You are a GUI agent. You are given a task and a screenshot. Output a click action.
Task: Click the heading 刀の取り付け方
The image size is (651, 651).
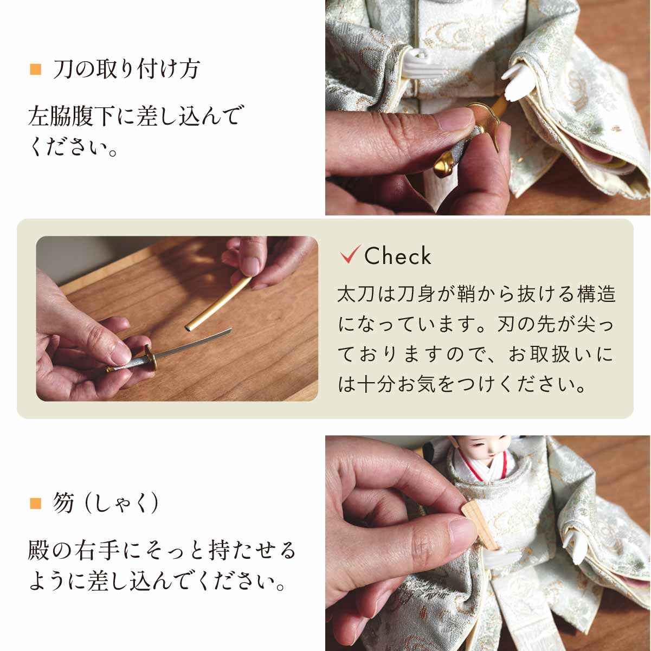127,69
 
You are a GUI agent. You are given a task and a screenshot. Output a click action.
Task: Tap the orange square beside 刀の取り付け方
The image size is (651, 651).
35,69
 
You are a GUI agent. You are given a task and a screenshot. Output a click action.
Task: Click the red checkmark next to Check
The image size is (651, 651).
350,254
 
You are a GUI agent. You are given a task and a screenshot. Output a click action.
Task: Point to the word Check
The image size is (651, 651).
398,256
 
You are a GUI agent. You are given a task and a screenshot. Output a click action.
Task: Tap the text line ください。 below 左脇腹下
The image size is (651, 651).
73,147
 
